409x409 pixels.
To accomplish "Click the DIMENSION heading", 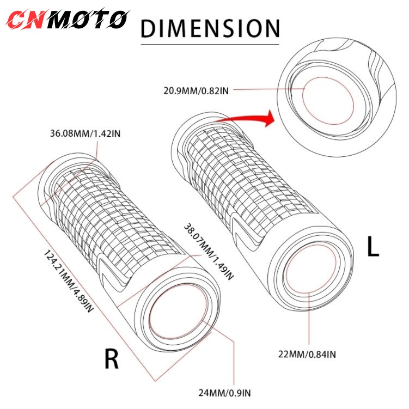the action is pyautogui.click(x=210, y=28).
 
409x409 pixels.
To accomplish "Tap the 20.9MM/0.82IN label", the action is pyautogui.click(x=196, y=91).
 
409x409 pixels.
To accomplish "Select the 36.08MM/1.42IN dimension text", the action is pyautogui.click(x=86, y=133).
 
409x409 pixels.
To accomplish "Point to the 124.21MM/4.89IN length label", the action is pyautogui.click(x=68, y=281).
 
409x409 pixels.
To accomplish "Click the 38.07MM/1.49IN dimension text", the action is pyautogui.click(x=209, y=252).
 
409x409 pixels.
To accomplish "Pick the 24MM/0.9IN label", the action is pyautogui.click(x=224, y=393).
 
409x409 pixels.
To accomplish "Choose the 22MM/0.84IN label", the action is pyautogui.click(x=307, y=354).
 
